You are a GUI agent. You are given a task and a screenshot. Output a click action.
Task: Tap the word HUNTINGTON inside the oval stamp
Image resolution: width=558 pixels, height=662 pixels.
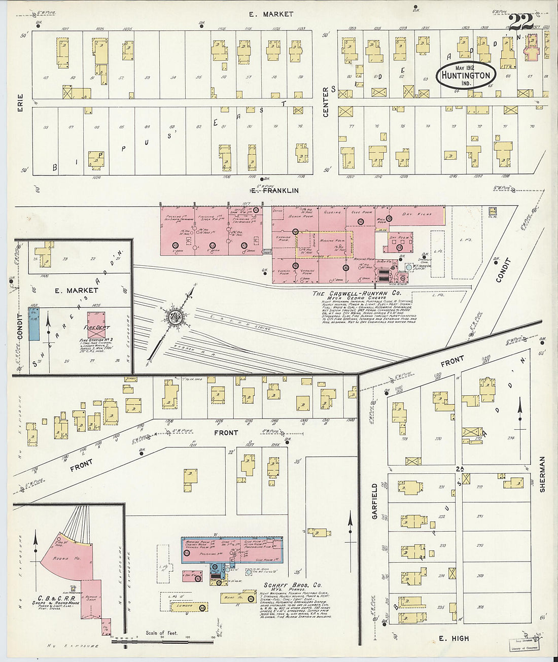[x=465, y=76]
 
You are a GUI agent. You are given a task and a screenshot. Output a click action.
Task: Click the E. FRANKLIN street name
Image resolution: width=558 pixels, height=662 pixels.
[x=274, y=191]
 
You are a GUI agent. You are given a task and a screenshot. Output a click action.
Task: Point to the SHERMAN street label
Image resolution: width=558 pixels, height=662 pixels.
[x=542, y=475]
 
